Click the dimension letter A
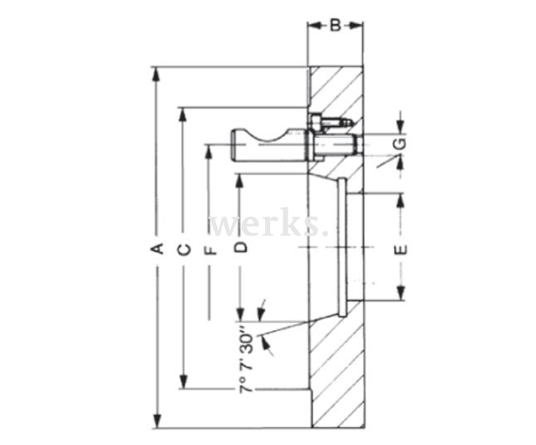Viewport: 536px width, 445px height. pyautogui.click(x=156, y=249)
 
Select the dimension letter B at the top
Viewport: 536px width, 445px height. pyautogui.click(x=335, y=27)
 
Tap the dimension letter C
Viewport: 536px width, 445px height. pyautogui.click(x=185, y=249)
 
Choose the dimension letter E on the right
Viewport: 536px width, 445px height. pyautogui.click(x=400, y=250)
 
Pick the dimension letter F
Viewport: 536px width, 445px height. pyautogui.click(x=212, y=250)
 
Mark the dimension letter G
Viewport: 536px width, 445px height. pyautogui.click(x=400, y=144)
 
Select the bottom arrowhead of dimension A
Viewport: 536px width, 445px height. pyautogui.click(x=156, y=423)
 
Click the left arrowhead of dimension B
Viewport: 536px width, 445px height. pyautogui.click(x=313, y=26)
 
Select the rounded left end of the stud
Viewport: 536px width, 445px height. pyautogui.click(x=237, y=144)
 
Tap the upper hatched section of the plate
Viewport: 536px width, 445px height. pyautogui.click(x=337, y=91)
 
